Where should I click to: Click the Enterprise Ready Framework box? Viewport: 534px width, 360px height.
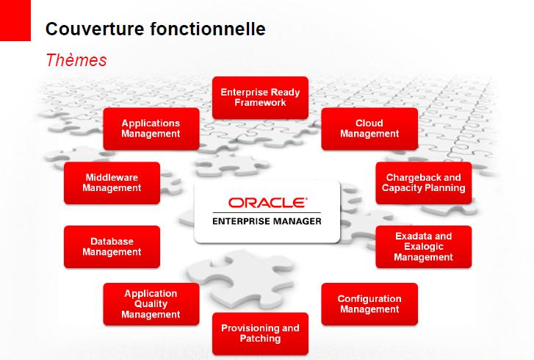pos(260,98)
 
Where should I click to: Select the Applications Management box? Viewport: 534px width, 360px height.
pos(151,129)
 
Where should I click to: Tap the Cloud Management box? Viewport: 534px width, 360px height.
pos(369,129)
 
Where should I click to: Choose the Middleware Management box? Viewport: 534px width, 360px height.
pos(112,183)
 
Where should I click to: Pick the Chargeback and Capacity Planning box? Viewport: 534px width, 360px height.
pos(424,183)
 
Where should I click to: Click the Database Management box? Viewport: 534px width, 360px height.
pos(112,247)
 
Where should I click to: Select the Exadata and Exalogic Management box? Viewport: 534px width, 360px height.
pos(424,247)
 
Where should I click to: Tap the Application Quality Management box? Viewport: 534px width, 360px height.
pos(151,304)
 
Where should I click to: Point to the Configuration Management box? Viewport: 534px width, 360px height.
pos(369,304)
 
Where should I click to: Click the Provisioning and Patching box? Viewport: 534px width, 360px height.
pos(260,334)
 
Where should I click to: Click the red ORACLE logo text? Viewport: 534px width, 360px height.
pos(267,203)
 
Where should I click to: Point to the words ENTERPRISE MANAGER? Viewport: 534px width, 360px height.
pos(267,221)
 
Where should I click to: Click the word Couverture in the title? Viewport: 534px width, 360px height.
pos(95,29)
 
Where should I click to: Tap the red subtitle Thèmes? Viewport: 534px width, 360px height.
pos(76,60)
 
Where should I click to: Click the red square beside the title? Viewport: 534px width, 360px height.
pos(15,21)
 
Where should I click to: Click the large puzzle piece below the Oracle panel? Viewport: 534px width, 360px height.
pos(242,278)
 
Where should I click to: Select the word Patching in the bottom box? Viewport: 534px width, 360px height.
pos(260,339)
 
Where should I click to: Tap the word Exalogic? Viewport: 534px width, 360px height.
pos(424,247)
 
